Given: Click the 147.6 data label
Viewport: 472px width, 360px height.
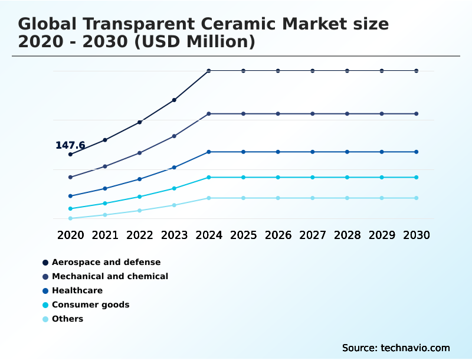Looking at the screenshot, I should point(70,145).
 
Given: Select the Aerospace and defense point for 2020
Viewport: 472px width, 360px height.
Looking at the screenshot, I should point(71,155).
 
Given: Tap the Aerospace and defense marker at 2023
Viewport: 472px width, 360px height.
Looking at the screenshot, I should point(174,100).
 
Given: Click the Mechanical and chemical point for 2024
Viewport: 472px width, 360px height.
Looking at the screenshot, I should point(209,113).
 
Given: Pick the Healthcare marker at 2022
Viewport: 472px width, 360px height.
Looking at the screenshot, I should point(140,179).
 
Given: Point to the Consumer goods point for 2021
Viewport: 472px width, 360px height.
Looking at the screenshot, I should point(105,203).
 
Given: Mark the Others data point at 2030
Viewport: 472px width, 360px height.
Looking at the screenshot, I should point(416,198).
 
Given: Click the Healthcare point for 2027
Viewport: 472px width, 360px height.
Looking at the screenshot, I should point(313,152).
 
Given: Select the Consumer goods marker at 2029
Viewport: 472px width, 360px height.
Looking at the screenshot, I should point(382,177).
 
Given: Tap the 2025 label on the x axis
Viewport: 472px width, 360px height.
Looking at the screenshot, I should point(243,235).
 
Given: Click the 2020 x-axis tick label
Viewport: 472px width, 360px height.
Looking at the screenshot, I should point(71,235).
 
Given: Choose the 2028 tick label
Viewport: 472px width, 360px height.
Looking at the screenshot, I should point(347,235).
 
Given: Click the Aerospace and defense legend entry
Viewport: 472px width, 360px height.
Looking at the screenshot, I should point(106,262).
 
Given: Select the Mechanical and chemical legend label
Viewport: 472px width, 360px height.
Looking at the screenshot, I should point(110,276).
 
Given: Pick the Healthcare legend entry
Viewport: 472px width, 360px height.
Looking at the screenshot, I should point(77,290).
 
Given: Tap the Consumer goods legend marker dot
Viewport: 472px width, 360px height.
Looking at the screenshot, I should point(45,305).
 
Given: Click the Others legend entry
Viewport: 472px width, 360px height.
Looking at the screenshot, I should point(67,319).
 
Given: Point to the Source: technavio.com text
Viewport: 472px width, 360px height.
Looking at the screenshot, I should point(395,348).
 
